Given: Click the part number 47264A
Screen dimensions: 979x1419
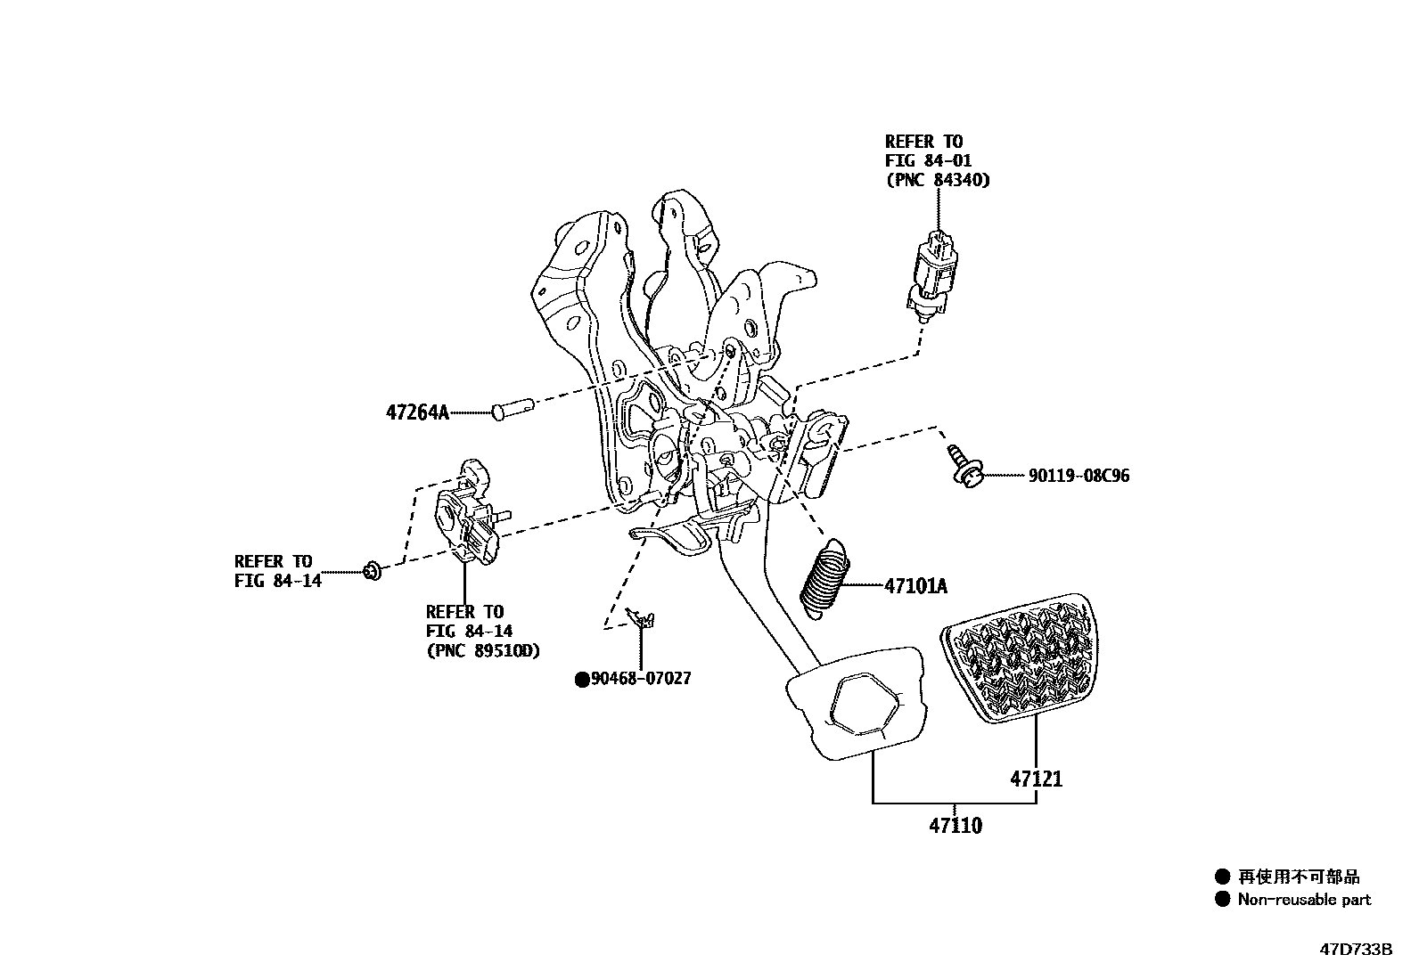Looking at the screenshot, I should [x=417, y=412].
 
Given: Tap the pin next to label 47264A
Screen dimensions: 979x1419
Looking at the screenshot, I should [x=512, y=410].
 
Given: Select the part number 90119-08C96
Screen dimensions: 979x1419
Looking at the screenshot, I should [x=1079, y=476].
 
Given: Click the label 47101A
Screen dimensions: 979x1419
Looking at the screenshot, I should [x=915, y=586].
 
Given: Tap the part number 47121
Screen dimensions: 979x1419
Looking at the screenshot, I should [x=1036, y=779].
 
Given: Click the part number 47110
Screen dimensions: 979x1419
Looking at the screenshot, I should [x=956, y=826].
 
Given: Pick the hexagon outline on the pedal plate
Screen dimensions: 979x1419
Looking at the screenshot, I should [x=865, y=700].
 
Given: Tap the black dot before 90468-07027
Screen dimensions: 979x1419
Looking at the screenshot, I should [x=582, y=680].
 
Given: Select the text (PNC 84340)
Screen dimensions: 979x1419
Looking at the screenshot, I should [x=937, y=179].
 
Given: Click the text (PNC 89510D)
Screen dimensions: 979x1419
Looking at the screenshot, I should [x=482, y=649].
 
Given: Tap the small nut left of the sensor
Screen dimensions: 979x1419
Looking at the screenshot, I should [x=373, y=571].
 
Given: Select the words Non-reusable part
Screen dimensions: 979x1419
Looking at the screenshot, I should [x=1304, y=899].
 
